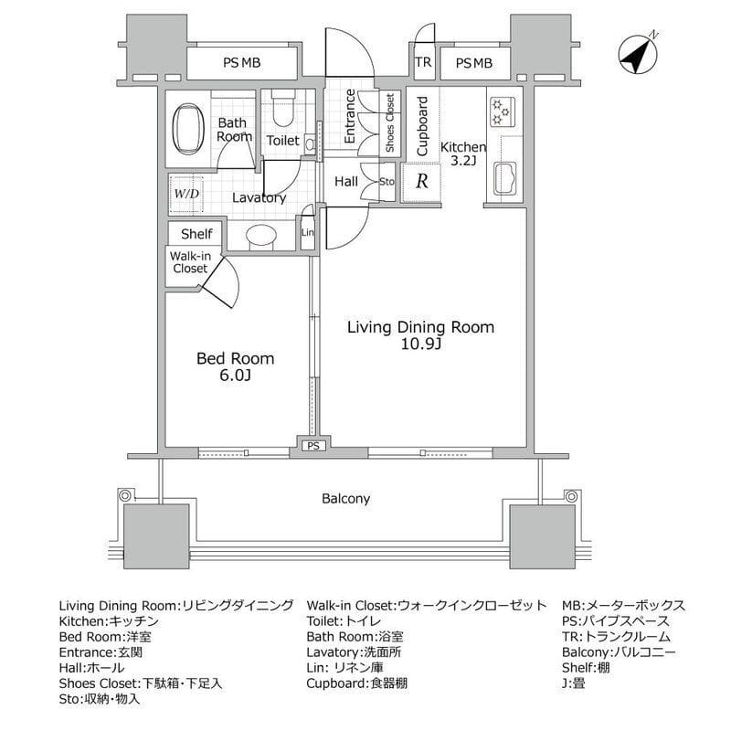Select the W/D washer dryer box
pos(186,194)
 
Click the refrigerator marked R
pos(421,181)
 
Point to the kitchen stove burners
pos(502,111)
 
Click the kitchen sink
pos(504,176)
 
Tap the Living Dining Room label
pos(420,327)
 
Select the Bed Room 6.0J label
pos(235,367)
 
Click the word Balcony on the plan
pos(345,499)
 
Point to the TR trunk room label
pos(422,63)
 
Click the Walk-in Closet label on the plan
pos(189,263)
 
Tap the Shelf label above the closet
pos(196,234)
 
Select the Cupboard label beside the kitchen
pos(422,126)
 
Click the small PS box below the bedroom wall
pos(313,447)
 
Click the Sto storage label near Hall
pos(386,182)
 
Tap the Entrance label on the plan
pos(350,116)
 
